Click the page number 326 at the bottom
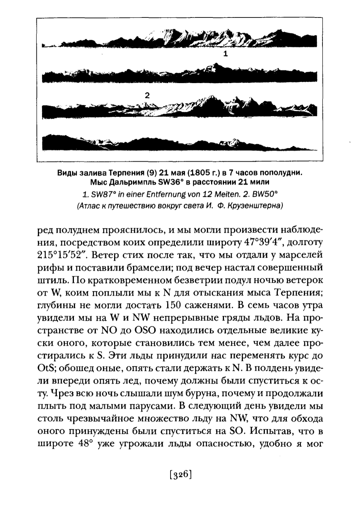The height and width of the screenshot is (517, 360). coord(180,475)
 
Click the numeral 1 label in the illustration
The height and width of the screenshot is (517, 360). coord(225,54)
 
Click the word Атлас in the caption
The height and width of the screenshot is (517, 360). coord(88,207)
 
